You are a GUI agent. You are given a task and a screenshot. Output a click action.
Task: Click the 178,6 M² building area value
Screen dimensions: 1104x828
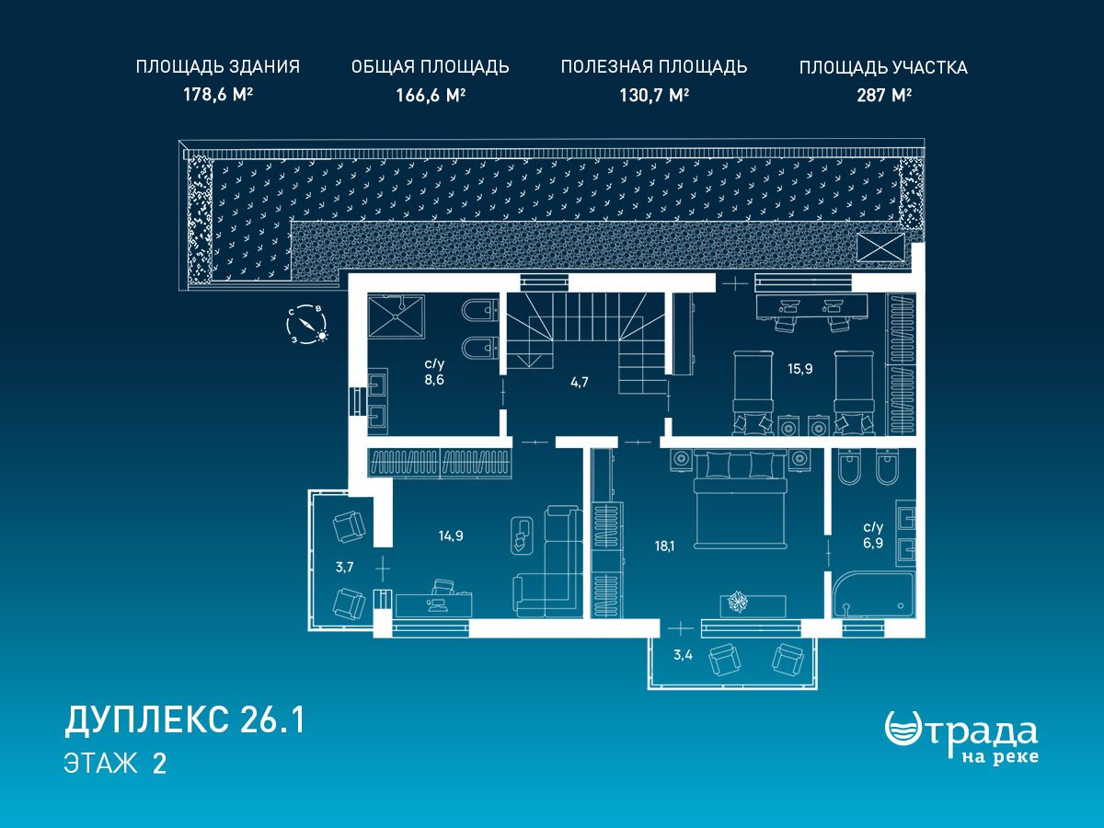click(218, 95)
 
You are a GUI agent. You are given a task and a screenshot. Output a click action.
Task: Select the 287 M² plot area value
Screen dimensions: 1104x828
click(884, 95)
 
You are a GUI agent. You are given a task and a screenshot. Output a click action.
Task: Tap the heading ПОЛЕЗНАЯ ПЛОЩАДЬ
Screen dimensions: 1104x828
click(654, 67)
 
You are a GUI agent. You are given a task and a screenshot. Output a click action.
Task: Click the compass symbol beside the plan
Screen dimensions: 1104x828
click(306, 324)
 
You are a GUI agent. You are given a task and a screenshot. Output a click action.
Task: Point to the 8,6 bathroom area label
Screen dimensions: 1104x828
click(434, 380)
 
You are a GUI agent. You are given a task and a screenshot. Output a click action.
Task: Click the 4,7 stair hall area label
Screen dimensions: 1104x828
click(580, 382)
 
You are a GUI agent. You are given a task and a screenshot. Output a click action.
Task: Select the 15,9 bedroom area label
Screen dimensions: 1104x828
click(800, 369)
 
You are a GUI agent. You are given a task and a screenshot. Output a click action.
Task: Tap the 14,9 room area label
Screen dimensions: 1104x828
click(451, 536)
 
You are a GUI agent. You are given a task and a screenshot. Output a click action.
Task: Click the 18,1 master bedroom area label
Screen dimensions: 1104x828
click(664, 546)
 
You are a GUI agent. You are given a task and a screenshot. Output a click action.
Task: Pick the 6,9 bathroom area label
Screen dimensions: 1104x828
click(873, 543)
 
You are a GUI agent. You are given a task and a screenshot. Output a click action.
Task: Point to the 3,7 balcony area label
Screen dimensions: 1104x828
click(344, 567)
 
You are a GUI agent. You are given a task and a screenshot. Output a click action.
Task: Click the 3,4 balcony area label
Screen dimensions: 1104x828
click(683, 654)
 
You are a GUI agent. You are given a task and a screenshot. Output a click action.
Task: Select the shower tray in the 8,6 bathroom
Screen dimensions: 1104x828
click(397, 316)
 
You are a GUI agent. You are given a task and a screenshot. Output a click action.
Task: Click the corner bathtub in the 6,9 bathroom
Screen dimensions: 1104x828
click(873, 595)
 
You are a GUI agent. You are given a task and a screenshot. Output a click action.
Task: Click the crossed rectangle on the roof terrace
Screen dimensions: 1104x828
click(880, 247)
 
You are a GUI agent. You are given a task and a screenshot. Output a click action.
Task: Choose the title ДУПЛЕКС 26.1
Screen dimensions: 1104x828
click(185, 720)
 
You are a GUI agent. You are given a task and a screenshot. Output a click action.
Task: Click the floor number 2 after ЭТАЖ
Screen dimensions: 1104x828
click(159, 764)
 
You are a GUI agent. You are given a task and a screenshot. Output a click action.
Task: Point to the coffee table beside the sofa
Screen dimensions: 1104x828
click(522, 535)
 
